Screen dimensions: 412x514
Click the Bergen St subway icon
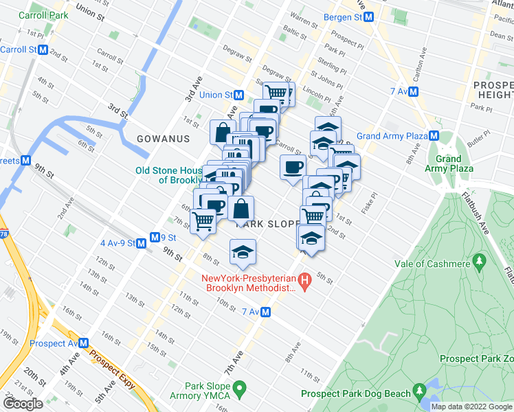click(x=369, y=17)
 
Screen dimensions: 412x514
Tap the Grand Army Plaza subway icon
click(x=434, y=136)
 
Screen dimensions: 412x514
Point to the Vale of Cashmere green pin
click(x=479, y=263)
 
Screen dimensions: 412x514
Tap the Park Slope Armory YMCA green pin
click(x=240, y=391)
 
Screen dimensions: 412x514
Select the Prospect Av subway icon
click(x=83, y=343)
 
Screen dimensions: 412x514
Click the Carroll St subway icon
click(x=43, y=49)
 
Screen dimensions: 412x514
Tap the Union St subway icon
click(x=238, y=95)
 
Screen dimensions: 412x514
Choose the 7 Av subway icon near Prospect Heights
click(x=414, y=91)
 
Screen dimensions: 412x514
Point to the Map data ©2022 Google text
click(x=471, y=407)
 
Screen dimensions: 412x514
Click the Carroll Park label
click(x=43, y=14)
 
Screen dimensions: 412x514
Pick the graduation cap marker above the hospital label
click(x=243, y=252)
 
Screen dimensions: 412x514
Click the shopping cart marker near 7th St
click(x=203, y=221)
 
